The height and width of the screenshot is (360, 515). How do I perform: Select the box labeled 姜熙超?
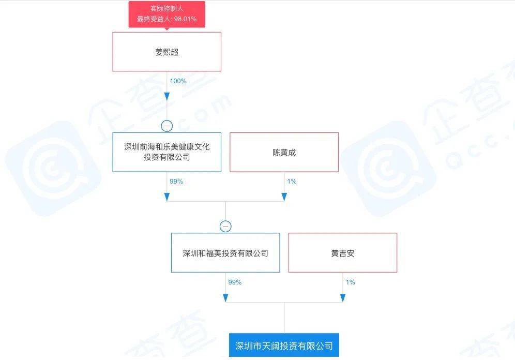point(166,52)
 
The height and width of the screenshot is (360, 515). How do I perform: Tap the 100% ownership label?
point(178,81)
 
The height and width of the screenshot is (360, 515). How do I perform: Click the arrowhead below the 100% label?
point(166,97)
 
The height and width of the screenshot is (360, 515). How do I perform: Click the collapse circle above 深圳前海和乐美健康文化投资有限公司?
point(166,126)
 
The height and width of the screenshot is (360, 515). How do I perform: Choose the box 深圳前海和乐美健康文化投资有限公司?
point(166,152)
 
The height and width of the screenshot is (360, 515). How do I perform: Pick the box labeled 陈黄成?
point(284,152)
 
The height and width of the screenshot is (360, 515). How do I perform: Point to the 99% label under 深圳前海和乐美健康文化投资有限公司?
point(176,182)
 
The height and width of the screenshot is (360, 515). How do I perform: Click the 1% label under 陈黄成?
point(291,182)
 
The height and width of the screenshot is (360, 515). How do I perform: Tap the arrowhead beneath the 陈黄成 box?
point(284,197)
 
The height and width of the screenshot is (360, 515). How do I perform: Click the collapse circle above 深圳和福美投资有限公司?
point(225,226)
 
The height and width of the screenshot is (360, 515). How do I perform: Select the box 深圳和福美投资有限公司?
point(225,253)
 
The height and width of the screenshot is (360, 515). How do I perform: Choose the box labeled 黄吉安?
point(342,253)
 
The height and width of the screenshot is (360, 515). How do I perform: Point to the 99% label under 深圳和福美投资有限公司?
point(235,282)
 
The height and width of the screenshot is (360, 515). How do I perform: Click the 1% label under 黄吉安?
point(350,282)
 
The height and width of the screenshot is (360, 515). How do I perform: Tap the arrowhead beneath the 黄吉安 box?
point(343,297)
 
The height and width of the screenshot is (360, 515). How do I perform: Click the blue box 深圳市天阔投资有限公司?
point(284,346)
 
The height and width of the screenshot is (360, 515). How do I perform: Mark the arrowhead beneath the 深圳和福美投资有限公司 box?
point(225,297)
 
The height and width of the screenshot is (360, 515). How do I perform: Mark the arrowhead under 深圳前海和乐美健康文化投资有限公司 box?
point(166,197)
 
